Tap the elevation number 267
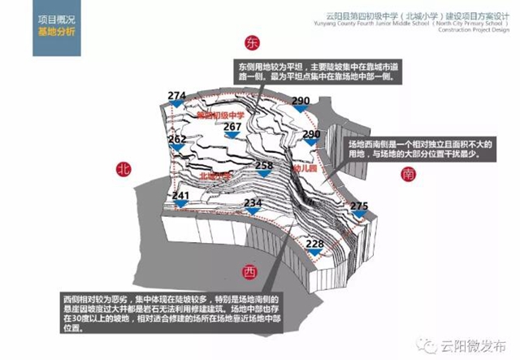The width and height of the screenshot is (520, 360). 233,127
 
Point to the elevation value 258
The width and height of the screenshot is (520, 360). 264,166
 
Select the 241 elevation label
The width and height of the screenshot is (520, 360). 181,197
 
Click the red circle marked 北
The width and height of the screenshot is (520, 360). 123,169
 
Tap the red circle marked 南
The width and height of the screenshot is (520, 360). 407,174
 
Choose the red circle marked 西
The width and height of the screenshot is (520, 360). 249,271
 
